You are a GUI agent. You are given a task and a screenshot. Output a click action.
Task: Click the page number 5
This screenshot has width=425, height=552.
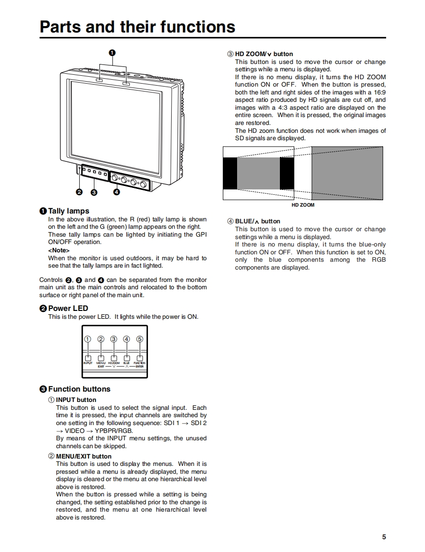tap(384, 537)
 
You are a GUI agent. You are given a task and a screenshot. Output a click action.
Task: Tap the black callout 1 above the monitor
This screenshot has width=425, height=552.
tap(112, 53)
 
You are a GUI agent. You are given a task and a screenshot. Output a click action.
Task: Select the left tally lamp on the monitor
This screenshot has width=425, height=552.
tap(99, 79)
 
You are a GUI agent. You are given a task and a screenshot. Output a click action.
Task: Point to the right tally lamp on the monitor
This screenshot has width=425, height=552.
tap(126, 84)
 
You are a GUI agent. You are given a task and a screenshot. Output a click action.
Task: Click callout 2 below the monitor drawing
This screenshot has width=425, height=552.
tap(79, 192)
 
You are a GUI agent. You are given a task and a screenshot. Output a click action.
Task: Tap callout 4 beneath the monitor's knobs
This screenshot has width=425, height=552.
tap(117, 192)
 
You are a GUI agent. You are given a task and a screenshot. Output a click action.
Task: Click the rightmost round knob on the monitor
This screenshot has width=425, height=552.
tap(144, 184)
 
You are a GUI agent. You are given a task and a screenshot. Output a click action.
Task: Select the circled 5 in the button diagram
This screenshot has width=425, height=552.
tap(140, 339)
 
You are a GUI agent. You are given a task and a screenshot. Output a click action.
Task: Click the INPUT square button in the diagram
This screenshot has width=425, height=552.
tap(88, 358)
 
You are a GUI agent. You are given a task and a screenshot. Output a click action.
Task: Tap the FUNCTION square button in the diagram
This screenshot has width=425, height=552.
tap(140, 358)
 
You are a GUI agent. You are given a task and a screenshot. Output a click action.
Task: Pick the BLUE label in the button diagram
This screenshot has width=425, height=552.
tap(126, 363)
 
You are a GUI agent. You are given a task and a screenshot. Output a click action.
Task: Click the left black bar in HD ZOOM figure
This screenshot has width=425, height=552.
tap(230, 173)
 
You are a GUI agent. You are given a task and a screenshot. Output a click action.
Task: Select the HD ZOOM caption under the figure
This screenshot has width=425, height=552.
tap(303, 205)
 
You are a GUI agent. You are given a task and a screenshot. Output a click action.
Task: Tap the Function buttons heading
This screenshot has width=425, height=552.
tap(79, 389)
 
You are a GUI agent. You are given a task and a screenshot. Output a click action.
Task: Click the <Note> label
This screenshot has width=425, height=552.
tap(58, 250)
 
